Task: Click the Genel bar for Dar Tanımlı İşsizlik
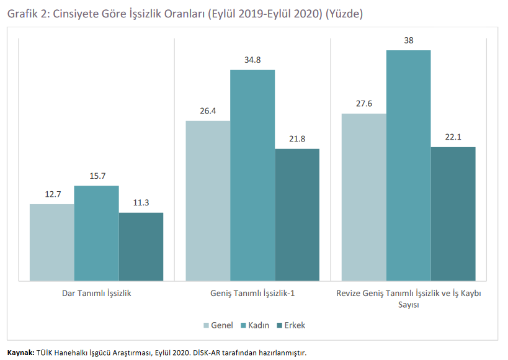click(x=52, y=243)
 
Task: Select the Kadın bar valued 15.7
click(x=97, y=233)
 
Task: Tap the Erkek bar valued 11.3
click(x=141, y=247)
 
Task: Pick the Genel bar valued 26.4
click(x=208, y=200)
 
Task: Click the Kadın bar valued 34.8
click(x=252, y=176)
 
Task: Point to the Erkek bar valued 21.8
click(x=297, y=215)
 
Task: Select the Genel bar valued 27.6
click(x=364, y=197)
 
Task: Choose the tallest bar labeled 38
click(x=409, y=165)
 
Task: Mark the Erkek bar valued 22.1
click(x=453, y=214)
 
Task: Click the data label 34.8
click(x=252, y=60)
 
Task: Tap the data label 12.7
click(x=53, y=194)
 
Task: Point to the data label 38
click(x=409, y=40)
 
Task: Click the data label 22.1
click(x=453, y=137)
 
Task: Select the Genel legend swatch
click(x=206, y=325)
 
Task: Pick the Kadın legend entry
click(x=255, y=325)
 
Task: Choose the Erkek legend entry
click(x=292, y=325)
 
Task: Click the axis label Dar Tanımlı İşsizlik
click(x=97, y=294)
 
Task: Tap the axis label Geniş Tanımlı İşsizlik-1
click(x=252, y=294)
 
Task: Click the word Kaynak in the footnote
click(x=20, y=353)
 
